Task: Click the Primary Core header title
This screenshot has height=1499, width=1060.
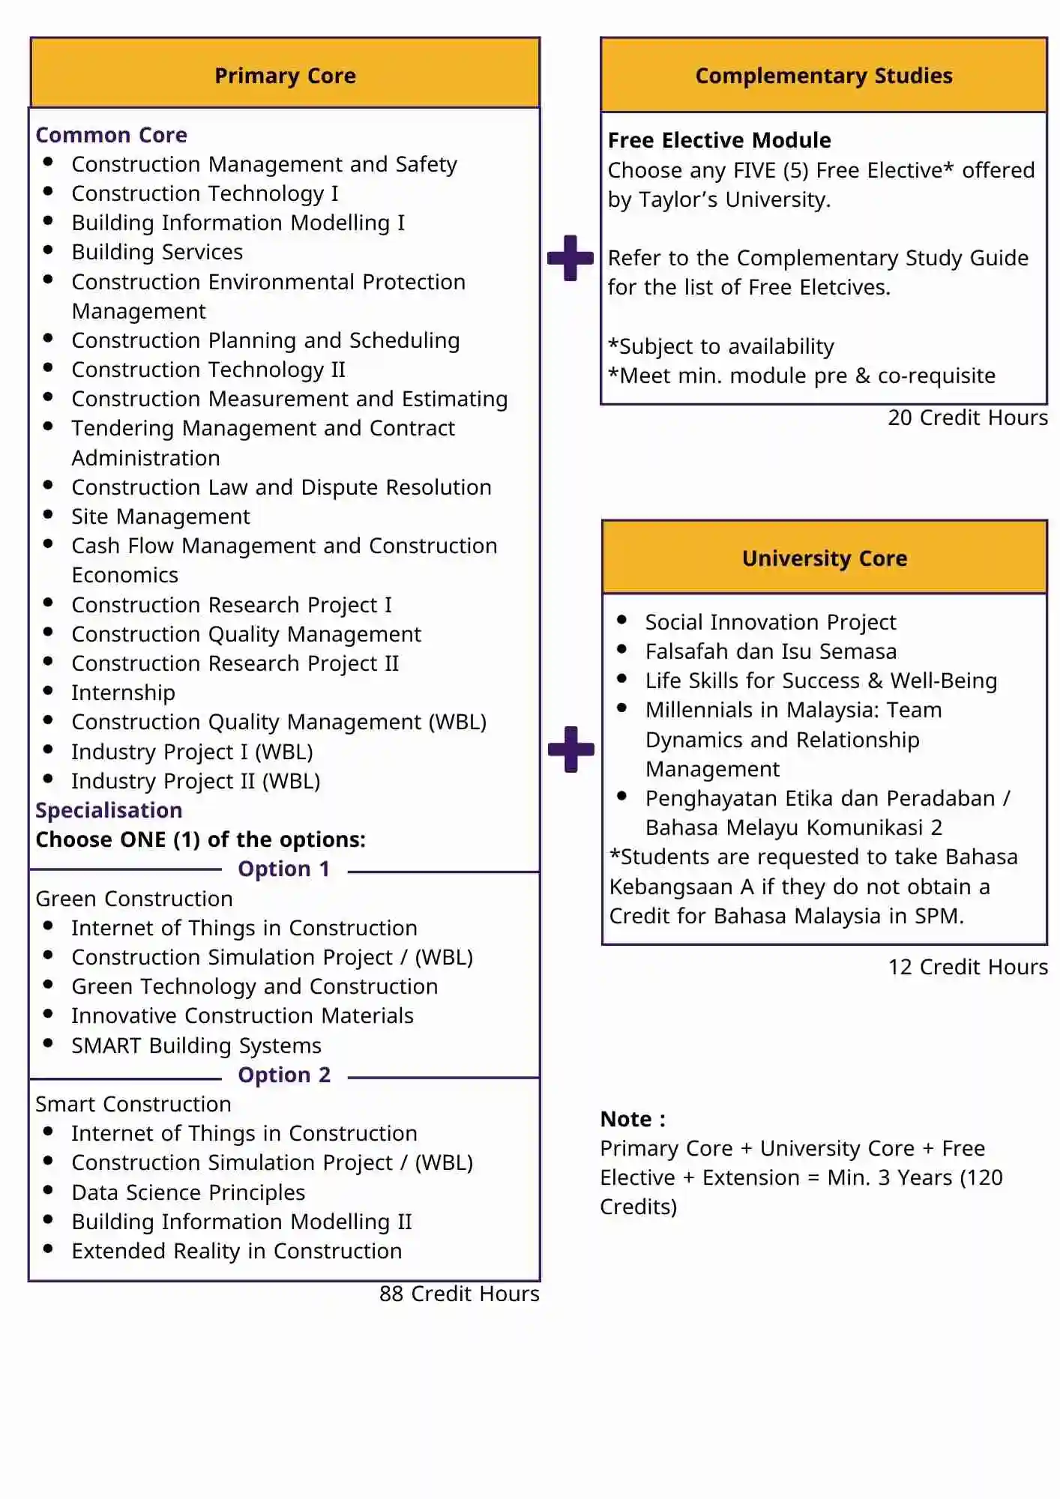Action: click(285, 76)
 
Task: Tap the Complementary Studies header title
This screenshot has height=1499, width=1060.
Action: click(823, 76)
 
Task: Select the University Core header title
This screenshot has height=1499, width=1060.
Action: click(824, 558)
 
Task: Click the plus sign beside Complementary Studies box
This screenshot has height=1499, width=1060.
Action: click(570, 258)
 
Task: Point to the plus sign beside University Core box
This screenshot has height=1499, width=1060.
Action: click(570, 749)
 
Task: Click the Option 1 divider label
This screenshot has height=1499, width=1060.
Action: click(284, 869)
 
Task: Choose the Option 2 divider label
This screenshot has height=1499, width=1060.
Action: click(284, 1075)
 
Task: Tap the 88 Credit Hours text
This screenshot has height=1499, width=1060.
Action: click(459, 1294)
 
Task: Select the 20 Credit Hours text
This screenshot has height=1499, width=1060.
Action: click(967, 417)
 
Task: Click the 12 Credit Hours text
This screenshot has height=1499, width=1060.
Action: click(967, 967)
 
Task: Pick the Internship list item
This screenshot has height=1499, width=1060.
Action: click(123, 693)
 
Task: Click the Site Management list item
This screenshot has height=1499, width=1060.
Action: click(160, 516)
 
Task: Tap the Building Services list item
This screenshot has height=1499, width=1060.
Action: click(157, 252)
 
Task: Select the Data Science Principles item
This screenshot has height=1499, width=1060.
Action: click(188, 1192)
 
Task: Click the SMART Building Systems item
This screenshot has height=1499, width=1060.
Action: click(196, 1046)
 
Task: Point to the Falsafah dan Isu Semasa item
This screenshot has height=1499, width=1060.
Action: click(771, 651)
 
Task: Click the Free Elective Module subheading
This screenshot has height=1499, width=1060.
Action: click(719, 140)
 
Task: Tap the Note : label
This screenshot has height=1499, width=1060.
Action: click(633, 1119)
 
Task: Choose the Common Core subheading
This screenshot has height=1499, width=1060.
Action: click(112, 135)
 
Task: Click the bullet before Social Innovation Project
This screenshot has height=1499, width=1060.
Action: click(621, 620)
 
